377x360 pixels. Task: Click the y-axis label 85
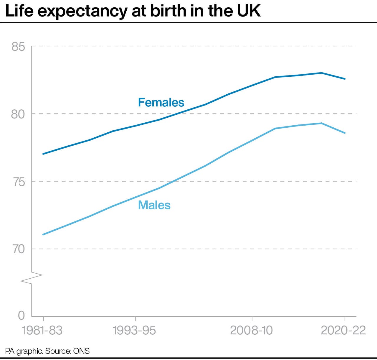tap(18, 47)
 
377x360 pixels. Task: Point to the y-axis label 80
tap(18, 114)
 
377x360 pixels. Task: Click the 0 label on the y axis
tap(21, 315)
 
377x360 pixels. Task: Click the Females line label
tap(161, 103)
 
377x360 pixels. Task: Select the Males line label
tap(154, 205)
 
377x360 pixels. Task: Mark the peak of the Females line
tap(321, 73)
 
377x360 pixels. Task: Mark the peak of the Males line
tap(321, 123)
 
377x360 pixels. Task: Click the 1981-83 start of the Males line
tap(43, 234)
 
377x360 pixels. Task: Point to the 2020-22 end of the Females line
tap(345, 79)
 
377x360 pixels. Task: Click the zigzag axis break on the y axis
tap(32, 278)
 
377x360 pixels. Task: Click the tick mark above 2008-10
tap(252, 319)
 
